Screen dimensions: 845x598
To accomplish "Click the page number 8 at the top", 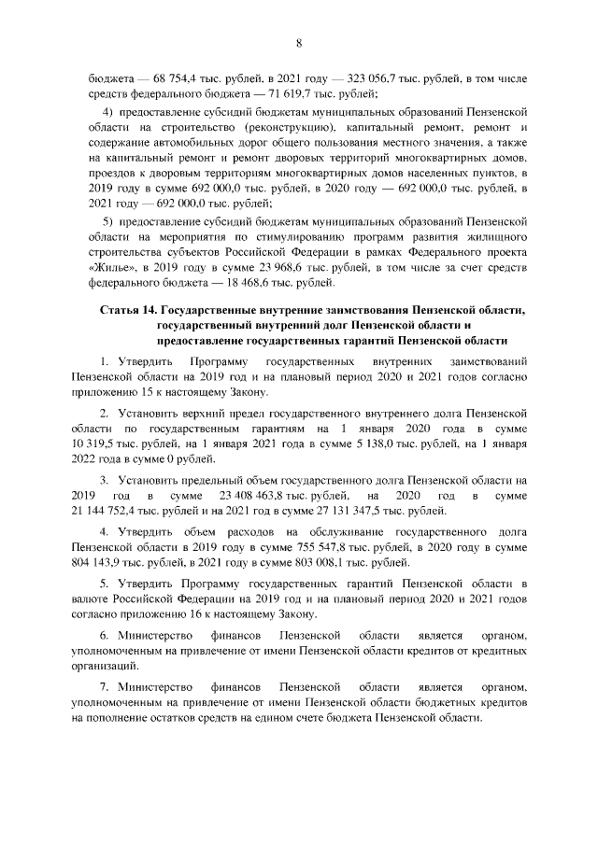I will [299, 43].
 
